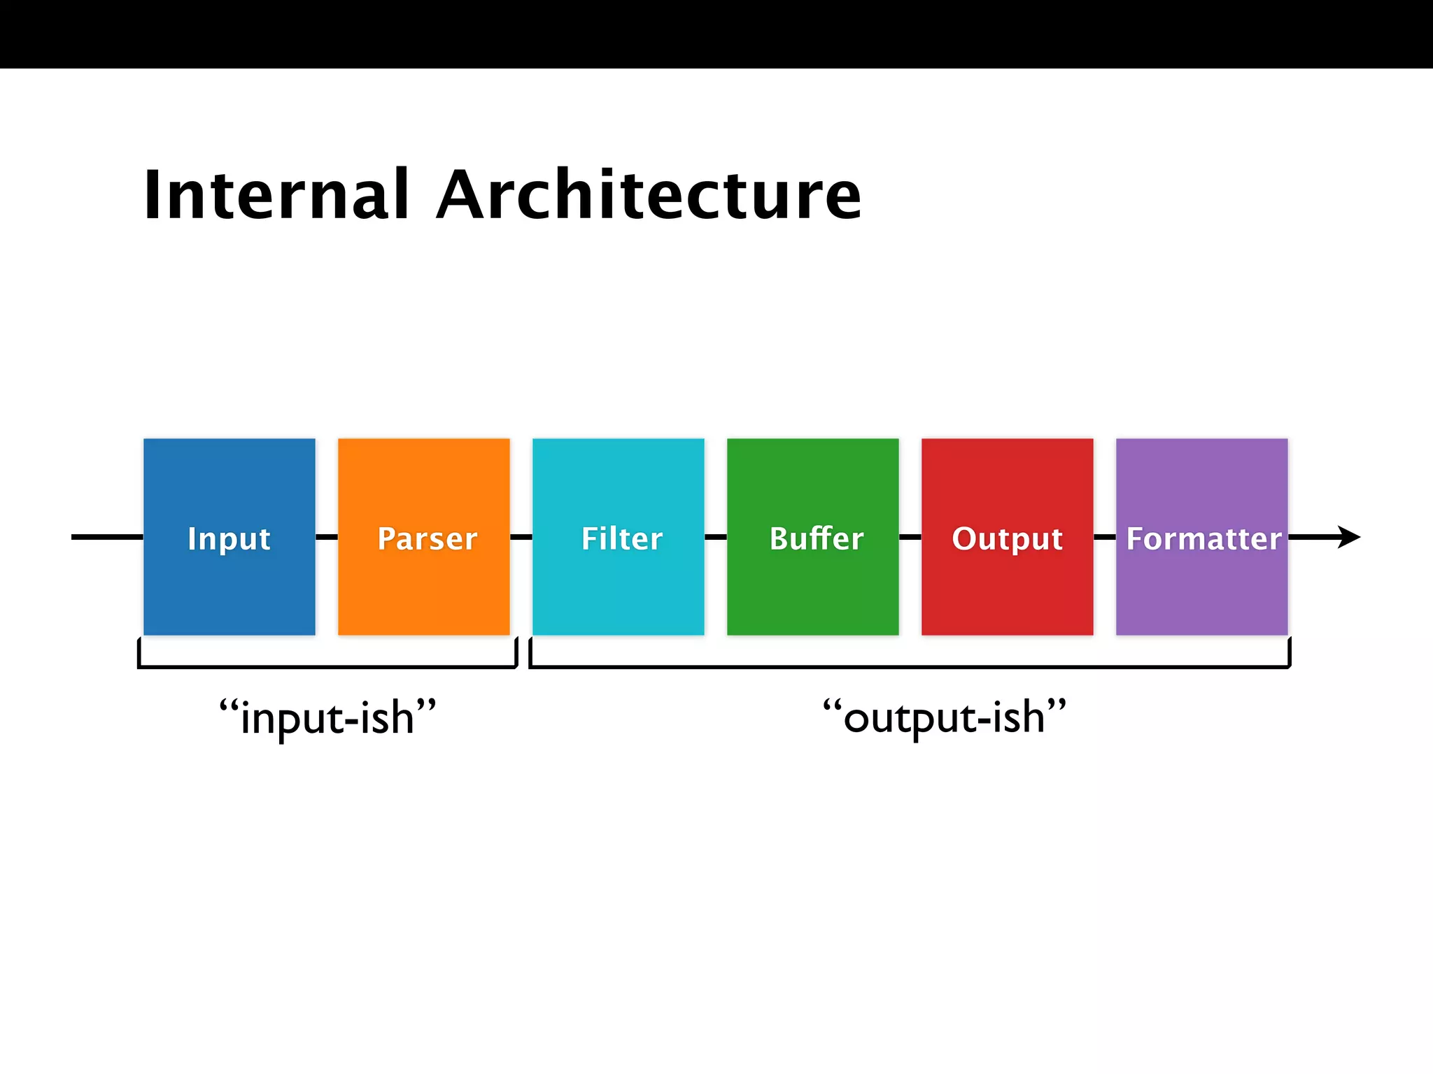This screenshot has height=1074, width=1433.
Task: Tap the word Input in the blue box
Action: click(x=229, y=538)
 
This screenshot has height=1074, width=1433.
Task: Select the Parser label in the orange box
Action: click(x=427, y=538)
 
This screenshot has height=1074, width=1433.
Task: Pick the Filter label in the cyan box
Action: click(x=621, y=538)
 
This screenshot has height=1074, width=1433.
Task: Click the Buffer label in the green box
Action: click(x=816, y=538)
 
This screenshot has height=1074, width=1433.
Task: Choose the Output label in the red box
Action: click(x=1007, y=538)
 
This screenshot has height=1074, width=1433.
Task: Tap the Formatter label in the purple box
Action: click(x=1203, y=538)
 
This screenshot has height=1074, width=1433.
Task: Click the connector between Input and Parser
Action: click(x=327, y=537)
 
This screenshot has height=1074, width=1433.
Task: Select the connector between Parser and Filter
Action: click(x=521, y=537)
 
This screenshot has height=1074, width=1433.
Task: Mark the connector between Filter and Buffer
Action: click(x=716, y=537)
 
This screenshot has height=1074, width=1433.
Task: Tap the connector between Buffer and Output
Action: click(x=910, y=537)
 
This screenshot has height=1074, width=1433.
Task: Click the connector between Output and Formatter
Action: click(x=1105, y=537)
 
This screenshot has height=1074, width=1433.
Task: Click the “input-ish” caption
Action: click(x=327, y=717)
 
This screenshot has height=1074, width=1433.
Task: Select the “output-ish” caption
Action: click(x=944, y=717)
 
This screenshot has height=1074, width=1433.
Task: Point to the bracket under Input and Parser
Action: click(x=327, y=667)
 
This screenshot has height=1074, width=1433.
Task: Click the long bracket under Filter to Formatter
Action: click(x=910, y=667)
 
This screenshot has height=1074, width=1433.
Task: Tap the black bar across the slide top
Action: click(x=716, y=34)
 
